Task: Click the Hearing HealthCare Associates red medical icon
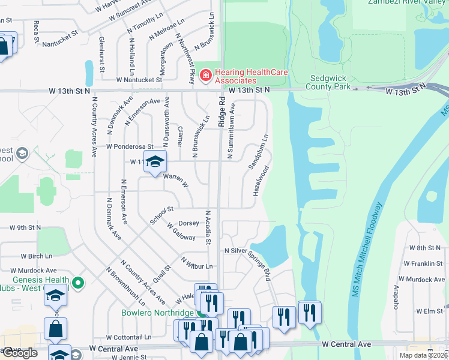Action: (205, 75)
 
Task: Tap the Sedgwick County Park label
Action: (330, 82)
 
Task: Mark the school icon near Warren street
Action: (155, 161)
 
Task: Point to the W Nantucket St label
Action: (139, 79)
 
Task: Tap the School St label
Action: (161, 214)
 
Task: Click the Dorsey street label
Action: (188, 223)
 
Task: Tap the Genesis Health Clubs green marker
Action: (77, 282)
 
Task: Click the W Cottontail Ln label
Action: (130, 338)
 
